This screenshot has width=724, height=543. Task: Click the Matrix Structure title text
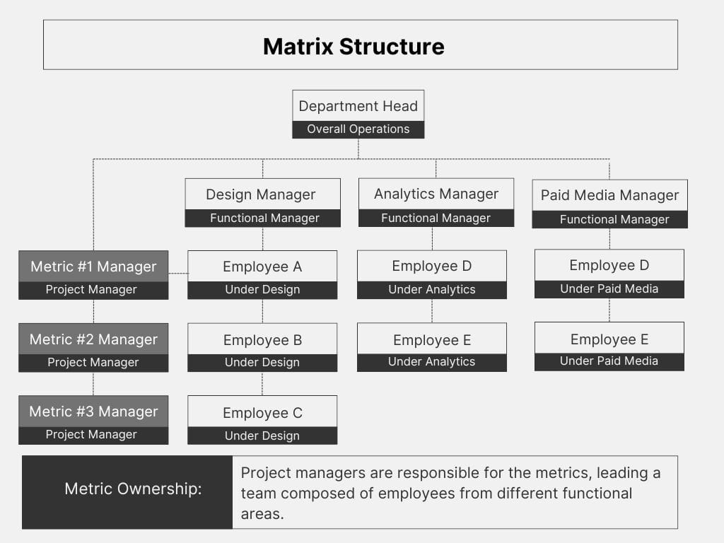[354, 47]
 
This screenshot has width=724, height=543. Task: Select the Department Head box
[358, 114]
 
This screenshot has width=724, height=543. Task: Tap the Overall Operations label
[358, 129]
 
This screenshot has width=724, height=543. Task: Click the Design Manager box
[263, 203]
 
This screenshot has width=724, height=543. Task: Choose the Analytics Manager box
[436, 202]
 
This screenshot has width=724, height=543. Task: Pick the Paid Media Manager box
[610, 204]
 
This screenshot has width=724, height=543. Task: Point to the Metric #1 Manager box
[94, 275]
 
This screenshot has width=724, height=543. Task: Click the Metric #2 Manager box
[94, 348]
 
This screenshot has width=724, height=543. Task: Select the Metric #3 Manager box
[94, 420]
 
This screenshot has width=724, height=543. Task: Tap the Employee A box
[263, 275]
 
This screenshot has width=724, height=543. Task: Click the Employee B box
[263, 348]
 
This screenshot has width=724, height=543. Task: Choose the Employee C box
[263, 420]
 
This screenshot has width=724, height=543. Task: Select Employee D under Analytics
[432, 275]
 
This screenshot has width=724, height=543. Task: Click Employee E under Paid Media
[609, 346]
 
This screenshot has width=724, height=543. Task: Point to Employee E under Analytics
[432, 347]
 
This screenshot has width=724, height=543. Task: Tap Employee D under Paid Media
[609, 274]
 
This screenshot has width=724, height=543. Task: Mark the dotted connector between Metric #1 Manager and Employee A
[178, 274]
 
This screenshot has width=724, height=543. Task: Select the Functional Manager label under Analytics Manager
[436, 218]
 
